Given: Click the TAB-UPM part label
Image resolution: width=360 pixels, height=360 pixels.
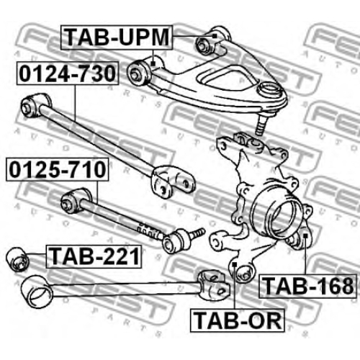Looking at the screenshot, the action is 117,37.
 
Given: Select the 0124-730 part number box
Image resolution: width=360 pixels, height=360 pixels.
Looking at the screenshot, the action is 68,73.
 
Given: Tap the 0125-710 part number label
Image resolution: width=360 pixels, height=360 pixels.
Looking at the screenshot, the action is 57,169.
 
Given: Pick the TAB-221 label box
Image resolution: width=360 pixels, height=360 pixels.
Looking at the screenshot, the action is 94,256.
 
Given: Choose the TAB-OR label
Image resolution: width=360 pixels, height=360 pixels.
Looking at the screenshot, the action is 237,320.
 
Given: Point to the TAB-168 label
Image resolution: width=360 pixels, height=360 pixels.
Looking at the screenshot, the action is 308,286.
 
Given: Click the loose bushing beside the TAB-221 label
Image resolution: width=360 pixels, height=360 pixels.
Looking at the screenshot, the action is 17,259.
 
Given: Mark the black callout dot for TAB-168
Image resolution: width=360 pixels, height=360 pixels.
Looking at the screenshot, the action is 305,235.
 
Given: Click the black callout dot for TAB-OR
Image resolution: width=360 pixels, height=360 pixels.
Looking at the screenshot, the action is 235,264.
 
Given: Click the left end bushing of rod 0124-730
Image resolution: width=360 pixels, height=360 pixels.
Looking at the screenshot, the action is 34,106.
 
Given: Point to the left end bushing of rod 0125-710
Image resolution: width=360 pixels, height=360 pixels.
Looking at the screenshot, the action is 74,201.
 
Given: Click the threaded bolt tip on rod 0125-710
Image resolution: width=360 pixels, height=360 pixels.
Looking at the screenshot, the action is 197,233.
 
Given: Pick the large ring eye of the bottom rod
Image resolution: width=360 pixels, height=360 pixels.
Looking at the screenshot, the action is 37,291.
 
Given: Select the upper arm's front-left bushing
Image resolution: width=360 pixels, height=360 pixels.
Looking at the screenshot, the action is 139,73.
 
